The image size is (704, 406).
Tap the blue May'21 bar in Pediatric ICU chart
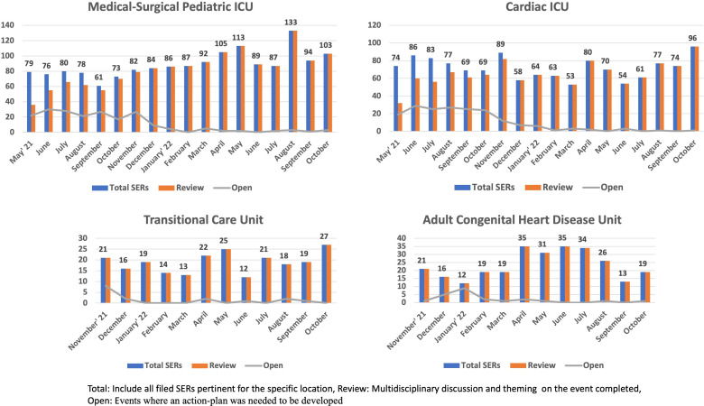tap(29, 101)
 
